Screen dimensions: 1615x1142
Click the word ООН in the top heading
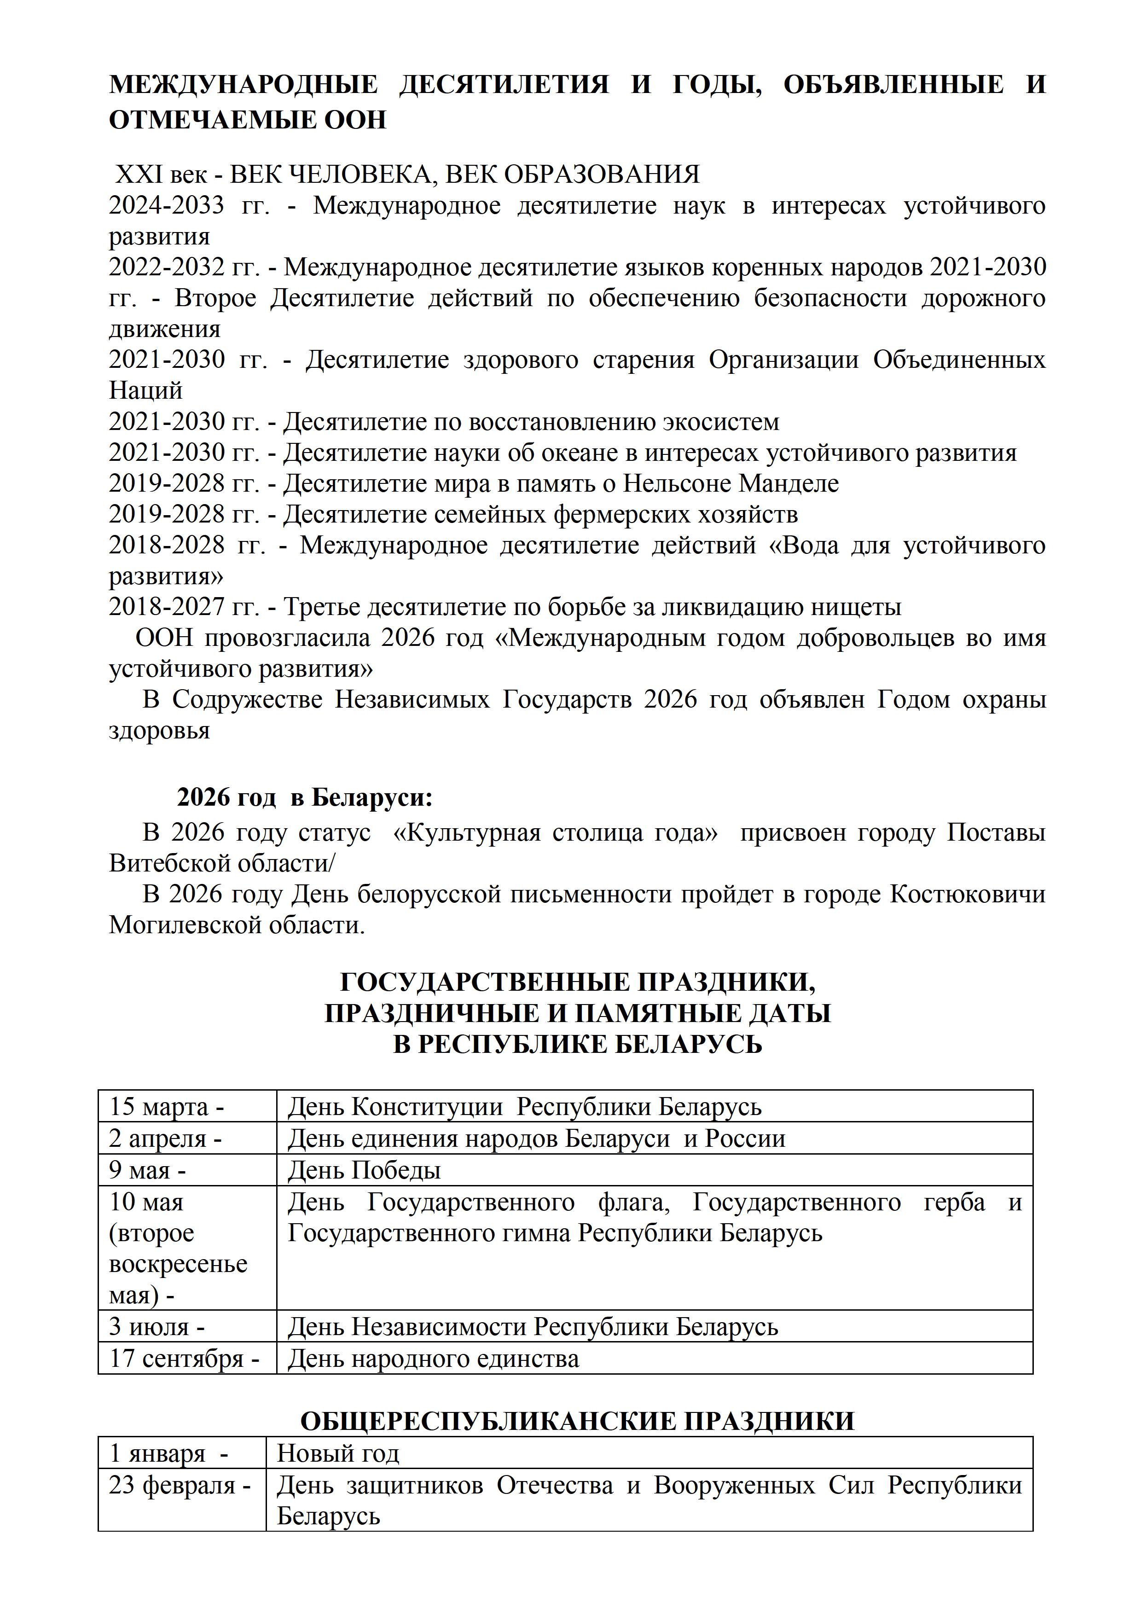[355, 120]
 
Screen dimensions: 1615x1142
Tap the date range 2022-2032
[166, 267]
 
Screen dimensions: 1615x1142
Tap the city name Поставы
[996, 833]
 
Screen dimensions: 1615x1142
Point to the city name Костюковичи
[968, 895]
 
